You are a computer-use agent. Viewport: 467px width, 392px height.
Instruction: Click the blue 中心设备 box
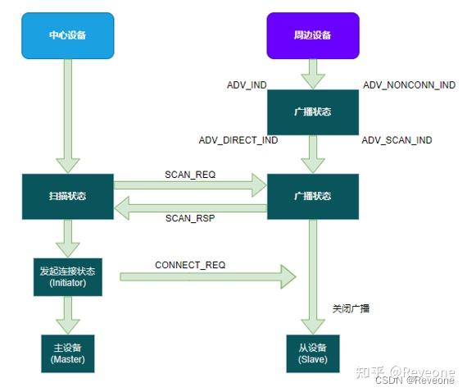(x=66, y=35)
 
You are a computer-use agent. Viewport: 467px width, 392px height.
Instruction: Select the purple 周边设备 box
(x=312, y=35)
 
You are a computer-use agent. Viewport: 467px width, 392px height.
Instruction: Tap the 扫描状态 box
(x=66, y=196)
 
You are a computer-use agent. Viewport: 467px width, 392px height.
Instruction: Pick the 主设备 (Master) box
(x=68, y=352)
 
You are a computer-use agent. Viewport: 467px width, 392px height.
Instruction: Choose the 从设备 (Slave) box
(x=313, y=353)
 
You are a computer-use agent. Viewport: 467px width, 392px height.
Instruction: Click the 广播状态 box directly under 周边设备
(x=312, y=112)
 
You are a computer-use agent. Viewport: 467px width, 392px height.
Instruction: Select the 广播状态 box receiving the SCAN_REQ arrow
(x=312, y=196)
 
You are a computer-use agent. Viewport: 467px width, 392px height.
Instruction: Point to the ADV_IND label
(x=247, y=85)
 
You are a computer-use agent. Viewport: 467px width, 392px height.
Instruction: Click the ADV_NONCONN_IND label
(x=409, y=85)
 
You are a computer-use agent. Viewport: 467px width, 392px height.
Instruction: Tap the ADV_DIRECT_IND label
(x=238, y=140)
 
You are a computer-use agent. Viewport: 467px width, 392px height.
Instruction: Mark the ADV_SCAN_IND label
(x=397, y=140)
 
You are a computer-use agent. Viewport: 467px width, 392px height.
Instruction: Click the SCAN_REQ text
(x=189, y=175)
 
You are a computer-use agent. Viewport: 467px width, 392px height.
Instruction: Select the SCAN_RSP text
(x=189, y=219)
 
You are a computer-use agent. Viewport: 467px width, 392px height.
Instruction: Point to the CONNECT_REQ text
(x=190, y=265)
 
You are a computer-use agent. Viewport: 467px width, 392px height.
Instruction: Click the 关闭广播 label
(x=351, y=308)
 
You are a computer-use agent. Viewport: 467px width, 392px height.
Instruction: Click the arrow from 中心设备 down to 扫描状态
(x=67, y=115)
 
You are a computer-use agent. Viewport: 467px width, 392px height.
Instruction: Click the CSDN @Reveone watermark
(x=415, y=380)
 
